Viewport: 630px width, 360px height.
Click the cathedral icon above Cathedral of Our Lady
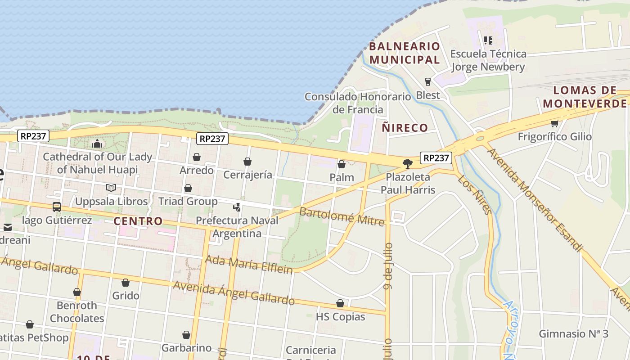click(x=97, y=144)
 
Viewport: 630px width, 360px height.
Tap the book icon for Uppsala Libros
click(x=111, y=188)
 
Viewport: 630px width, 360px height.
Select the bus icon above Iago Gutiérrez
click(x=57, y=207)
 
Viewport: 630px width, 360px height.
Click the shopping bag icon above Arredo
click(x=197, y=157)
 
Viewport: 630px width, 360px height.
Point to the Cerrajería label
click(x=247, y=175)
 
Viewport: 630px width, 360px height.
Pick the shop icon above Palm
click(x=342, y=164)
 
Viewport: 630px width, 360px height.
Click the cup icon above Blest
click(x=427, y=82)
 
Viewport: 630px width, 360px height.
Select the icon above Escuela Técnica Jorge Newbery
click(x=488, y=40)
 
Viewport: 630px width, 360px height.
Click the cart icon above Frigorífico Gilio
click(x=554, y=123)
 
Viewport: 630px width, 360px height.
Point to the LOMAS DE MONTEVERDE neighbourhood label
click(x=585, y=97)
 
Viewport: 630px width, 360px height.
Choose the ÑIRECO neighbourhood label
click(x=405, y=128)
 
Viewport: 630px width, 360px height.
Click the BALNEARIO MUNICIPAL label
click(x=405, y=53)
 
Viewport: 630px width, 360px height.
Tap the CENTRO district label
click(x=138, y=221)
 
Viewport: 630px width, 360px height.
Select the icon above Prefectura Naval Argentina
click(x=237, y=207)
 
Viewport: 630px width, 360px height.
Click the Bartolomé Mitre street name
click(x=342, y=216)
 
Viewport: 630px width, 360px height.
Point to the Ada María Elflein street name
click(x=249, y=264)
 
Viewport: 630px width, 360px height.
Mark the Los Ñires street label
click(x=475, y=194)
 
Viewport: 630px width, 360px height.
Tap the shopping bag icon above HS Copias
click(x=340, y=304)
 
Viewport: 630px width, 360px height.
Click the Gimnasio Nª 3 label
click(x=573, y=333)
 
